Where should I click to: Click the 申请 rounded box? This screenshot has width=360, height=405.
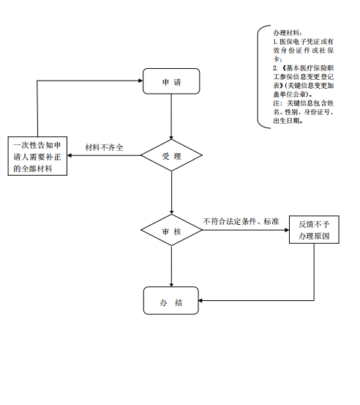click(171, 81)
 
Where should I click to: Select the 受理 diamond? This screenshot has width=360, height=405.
click(171, 155)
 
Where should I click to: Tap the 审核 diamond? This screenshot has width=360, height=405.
click(171, 230)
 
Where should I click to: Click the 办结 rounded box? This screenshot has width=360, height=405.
click(171, 300)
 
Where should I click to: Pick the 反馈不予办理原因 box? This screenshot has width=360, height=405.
click(314, 230)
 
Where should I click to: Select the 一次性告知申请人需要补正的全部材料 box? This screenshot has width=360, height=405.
click(37, 156)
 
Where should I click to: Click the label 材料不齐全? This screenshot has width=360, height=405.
click(104, 147)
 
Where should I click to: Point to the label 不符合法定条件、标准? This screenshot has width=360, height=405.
click(241, 221)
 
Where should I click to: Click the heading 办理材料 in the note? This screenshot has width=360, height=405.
click(286, 33)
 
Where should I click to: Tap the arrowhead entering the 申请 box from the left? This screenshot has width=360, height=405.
click(140, 81)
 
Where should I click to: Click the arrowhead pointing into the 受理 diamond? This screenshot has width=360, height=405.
click(171, 138)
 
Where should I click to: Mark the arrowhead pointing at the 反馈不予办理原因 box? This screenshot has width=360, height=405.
click(287, 230)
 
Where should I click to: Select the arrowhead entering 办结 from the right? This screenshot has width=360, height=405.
click(200, 300)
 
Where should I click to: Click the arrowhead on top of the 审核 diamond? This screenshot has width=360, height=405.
click(171, 212)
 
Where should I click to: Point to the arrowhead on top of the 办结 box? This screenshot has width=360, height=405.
click(171, 285)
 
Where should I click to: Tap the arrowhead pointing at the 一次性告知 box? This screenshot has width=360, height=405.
click(70, 155)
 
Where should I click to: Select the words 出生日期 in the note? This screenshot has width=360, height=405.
click(287, 121)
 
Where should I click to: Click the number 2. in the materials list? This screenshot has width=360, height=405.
click(275, 68)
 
